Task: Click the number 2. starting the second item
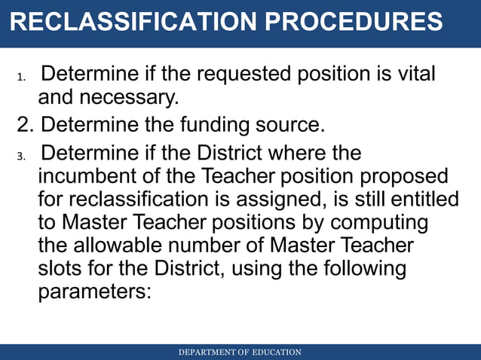click(26, 124)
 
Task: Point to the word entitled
click(423, 200)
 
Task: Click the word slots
click(63, 268)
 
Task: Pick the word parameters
click(95, 291)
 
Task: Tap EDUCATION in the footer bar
click(277, 352)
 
